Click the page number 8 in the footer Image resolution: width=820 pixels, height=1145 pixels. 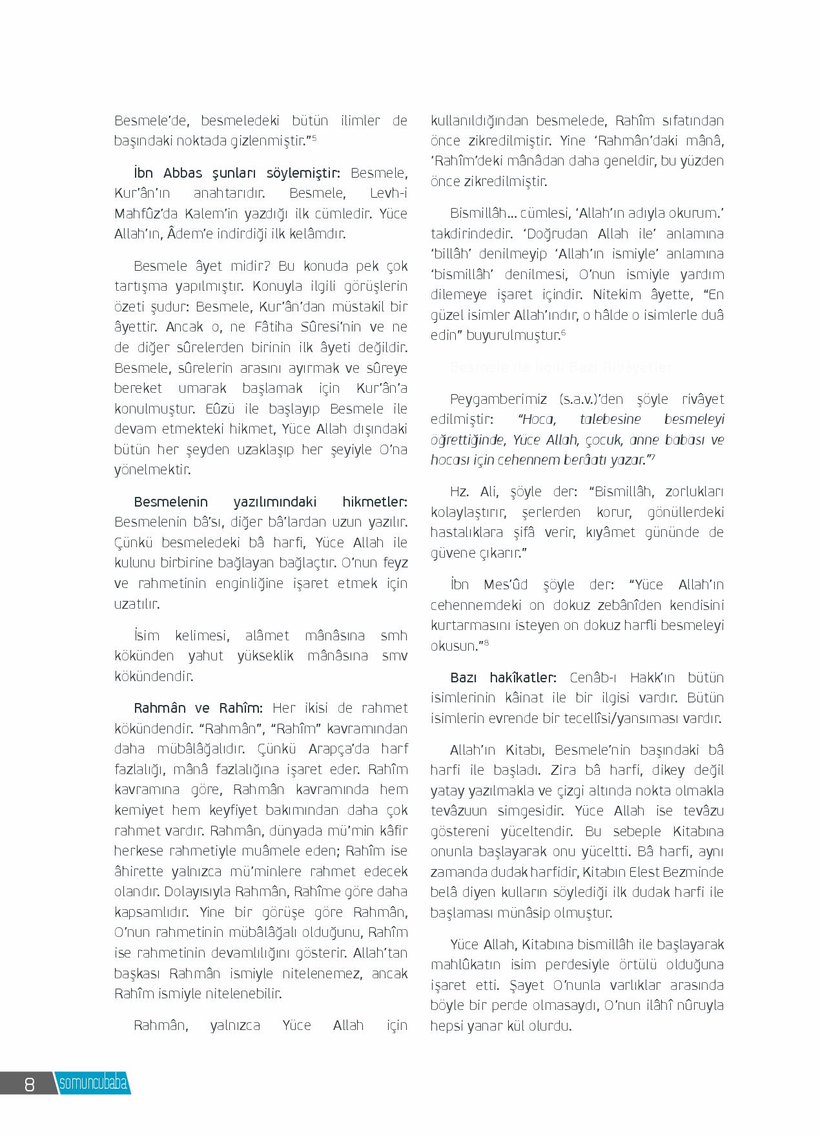[29, 1084]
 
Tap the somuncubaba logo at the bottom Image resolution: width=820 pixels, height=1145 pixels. [93, 1084]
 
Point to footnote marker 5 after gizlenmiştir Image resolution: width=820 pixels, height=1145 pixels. [314, 137]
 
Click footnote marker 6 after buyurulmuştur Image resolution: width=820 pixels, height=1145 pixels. [563, 332]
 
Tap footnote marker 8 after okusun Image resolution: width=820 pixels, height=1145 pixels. [486, 642]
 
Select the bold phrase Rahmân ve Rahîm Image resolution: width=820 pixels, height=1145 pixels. [198, 708]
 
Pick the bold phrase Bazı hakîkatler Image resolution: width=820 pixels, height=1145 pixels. [503, 678]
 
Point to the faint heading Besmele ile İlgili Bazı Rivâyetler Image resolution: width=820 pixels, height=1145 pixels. [560, 368]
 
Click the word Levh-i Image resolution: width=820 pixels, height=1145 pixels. [389, 193]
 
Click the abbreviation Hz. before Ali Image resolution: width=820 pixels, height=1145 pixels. [459, 492]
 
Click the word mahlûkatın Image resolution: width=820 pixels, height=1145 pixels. [465, 965]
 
